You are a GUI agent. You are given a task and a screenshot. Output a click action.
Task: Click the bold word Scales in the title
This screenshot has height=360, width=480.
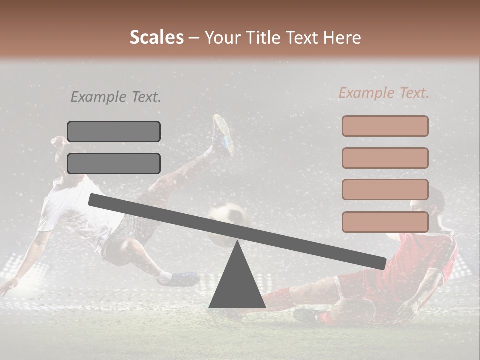coord(156,37)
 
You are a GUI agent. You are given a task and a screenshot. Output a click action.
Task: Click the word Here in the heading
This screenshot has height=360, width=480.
coord(342,37)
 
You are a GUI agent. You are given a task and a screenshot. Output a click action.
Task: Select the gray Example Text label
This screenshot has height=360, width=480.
coord(116,97)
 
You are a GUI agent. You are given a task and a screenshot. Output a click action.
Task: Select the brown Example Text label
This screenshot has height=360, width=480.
coord(384,93)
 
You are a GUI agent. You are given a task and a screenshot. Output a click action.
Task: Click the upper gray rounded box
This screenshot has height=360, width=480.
coord(114,131)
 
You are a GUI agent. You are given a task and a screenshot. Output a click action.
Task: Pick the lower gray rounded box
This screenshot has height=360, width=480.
coord(114,163)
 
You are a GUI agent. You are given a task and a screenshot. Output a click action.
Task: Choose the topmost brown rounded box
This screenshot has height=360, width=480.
coord(385,126)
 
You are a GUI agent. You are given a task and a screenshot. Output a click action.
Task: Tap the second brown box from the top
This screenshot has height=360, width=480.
coord(385,158)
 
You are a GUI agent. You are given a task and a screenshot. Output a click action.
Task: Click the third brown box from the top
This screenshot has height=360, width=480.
coord(385,189)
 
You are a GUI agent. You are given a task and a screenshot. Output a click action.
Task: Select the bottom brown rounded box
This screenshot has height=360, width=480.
coord(385,222)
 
